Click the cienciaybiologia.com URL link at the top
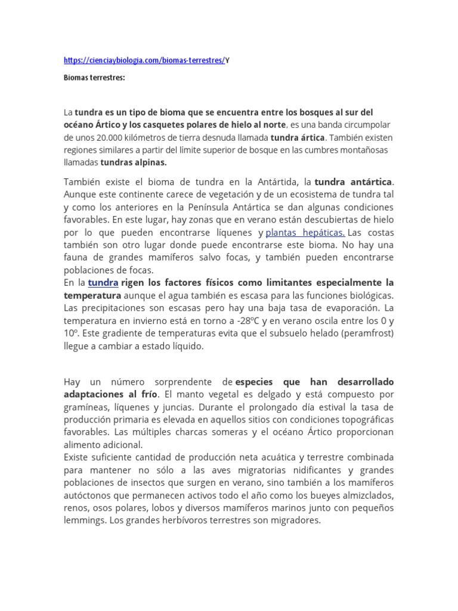(x=144, y=60)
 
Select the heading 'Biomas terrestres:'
(x=94, y=78)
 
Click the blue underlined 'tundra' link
(x=104, y=282)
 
